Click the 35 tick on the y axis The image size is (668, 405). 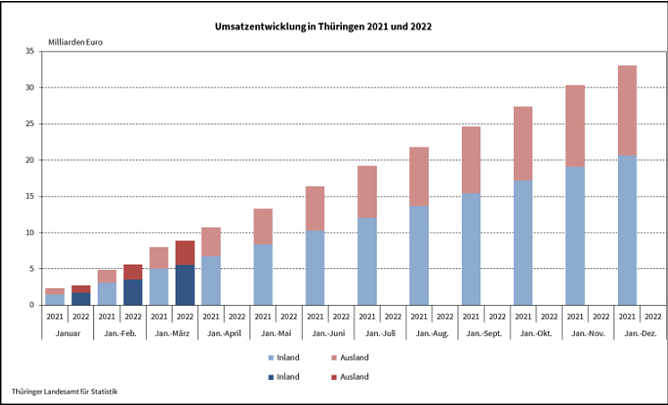click(30, 52)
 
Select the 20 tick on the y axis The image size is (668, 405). click(30, 160)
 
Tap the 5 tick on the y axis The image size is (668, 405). click(32, 269)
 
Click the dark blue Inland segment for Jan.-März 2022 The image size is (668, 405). click(185, 285)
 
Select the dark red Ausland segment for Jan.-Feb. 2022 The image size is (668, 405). click(133, 272)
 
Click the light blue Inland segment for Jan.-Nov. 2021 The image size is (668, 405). click(575, 235)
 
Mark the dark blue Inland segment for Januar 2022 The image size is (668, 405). click(81, 298)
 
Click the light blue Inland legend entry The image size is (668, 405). click(284, 357)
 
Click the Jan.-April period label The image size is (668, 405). click(224, 332)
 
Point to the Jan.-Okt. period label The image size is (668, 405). click(536, 332)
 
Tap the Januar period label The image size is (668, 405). click(68, 332)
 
